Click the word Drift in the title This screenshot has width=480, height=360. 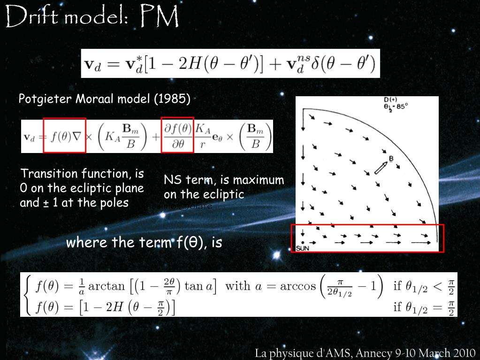(x=31, y=17)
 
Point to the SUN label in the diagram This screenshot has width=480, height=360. (x=303, y=248)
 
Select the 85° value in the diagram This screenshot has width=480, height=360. (x=401, y=106)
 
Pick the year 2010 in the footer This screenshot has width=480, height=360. (x=462, y=353)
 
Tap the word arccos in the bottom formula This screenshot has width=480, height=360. (x=297, y=286)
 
